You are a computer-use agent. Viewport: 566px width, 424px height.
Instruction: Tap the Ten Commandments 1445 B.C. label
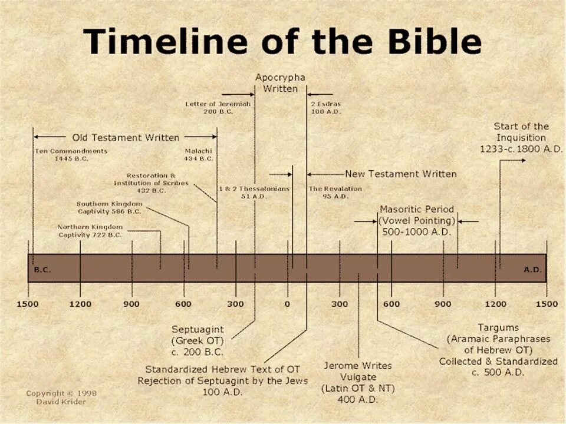[71, 155]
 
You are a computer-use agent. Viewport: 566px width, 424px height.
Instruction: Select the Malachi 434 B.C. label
[198, 155]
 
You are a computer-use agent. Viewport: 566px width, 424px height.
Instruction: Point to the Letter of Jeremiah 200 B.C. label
[218, 108]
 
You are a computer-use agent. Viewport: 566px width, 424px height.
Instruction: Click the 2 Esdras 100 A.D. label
[325, 108]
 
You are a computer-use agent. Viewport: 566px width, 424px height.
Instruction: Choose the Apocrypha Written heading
[281, 82]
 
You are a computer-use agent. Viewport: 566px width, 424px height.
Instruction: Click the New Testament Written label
[400, 174]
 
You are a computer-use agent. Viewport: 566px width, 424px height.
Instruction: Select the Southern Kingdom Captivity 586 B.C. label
[109, 207]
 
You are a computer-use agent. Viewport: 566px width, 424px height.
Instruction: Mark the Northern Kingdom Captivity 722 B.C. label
[90, 231]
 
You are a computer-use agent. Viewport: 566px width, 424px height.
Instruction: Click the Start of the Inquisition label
[521, 138]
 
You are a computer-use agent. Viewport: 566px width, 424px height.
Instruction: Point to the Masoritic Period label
[417, 220]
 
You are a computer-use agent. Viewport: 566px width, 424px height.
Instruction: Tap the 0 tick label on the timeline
[288, 304]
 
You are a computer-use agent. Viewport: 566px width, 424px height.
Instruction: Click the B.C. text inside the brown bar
[42, 270]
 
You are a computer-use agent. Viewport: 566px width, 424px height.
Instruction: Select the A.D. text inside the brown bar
[532, 270]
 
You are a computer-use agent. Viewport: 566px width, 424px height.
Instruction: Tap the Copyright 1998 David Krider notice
[61, 397]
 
